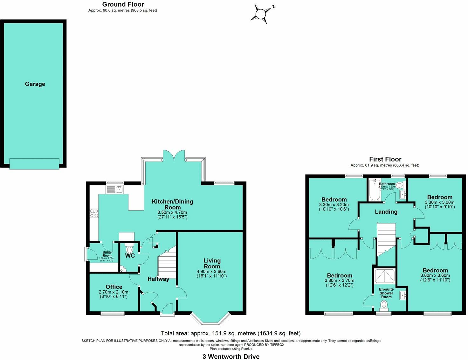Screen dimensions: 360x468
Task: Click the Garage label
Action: (x=35, y=84)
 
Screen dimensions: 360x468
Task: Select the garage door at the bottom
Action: (x=34, y=163)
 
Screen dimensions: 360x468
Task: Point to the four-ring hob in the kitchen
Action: (x=94, y=213)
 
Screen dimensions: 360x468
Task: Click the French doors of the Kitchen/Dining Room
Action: (x=174, y=155)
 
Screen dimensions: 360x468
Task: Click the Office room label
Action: (x=114, y=287)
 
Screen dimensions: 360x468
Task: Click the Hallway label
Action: (x=158, y=279)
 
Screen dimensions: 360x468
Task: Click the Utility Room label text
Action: (x=107, y=254)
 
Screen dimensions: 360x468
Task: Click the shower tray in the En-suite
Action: (x=385, y=276)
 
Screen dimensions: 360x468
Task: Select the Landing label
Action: (x=386, y=212)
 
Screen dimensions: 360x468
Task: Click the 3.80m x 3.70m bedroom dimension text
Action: (x=339, y=281)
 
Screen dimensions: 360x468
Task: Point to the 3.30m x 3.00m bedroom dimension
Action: (x=439, y=202)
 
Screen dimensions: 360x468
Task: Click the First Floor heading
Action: (x=385, y=159)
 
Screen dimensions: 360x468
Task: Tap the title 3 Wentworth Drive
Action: (x=231, y=357)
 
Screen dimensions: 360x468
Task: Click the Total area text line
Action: (x=231, y=333)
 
